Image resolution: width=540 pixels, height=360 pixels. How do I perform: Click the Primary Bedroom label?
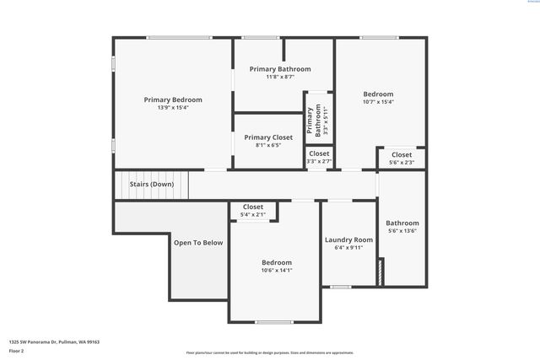pos(173,99)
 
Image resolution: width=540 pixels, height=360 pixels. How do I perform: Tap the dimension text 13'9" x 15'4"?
pos(173,108)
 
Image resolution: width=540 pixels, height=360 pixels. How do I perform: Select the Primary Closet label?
pos(268,137)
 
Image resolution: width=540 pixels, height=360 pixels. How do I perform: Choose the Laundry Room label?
pos(348,240)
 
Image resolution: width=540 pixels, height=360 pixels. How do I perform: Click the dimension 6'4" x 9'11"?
pos(348,248)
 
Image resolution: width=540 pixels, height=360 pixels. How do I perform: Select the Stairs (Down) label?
pos(151,184)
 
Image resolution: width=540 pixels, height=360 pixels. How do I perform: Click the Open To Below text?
pos(198,243)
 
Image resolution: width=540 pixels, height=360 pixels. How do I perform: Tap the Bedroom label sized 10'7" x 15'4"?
pos(378,94)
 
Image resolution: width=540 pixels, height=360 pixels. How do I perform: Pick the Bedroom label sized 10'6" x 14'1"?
pos(276,262)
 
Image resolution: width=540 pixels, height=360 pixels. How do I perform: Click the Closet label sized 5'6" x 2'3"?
pos(402,155)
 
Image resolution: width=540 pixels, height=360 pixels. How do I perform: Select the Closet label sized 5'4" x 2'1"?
pos(253,207)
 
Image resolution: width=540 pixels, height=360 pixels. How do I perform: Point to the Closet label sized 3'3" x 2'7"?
pos(319,153)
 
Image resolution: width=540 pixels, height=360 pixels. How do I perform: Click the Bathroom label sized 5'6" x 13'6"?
pos(402,223)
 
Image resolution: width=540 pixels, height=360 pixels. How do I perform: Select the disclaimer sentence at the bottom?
pos(270,352)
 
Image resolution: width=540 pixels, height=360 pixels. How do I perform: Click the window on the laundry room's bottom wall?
pos(340,287)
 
